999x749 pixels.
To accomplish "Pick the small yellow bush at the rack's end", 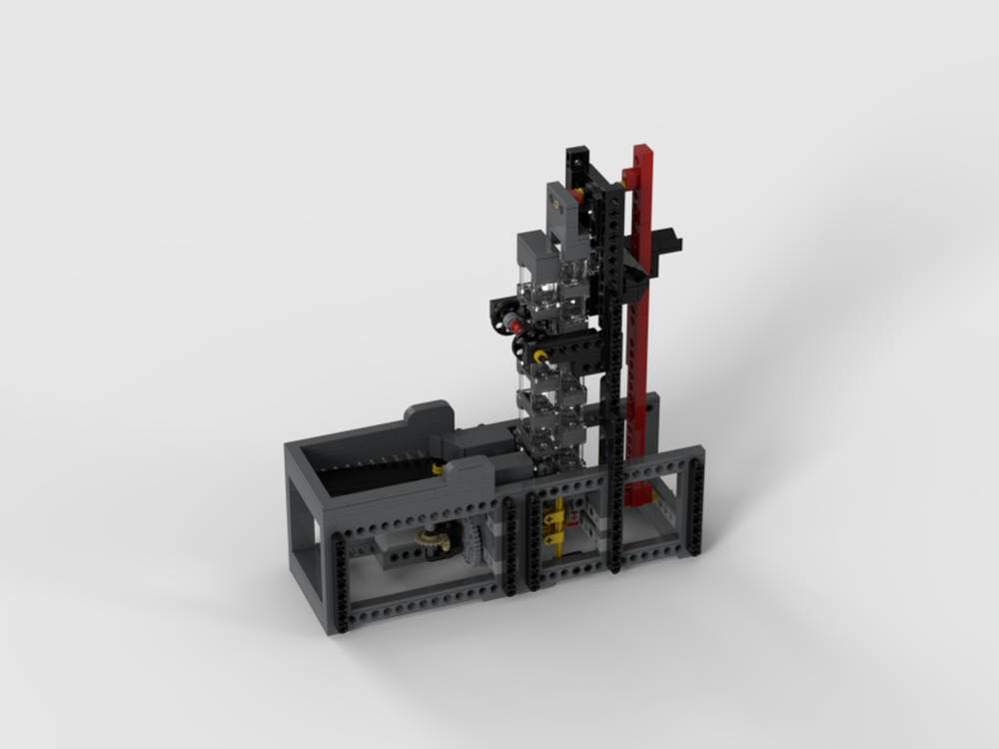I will click(437, 464).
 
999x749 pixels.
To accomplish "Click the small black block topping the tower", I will click(577, 159).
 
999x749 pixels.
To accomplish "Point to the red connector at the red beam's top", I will click(630, 177).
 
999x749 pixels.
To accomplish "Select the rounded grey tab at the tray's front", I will click(470, 469).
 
